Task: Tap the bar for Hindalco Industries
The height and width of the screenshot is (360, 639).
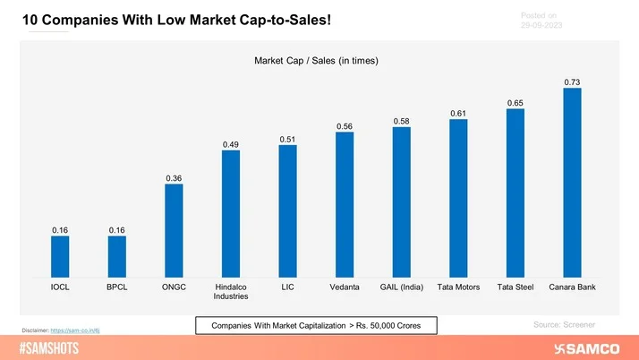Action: pyautogui.click(x=231, y=214)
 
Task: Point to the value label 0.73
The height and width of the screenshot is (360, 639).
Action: pyautogui.click(x=572, y=81)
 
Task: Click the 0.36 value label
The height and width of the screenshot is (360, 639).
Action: pyautogui.click(x=174, y=179)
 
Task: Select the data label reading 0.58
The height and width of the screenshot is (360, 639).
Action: pyautogui.click(x=401, y=121)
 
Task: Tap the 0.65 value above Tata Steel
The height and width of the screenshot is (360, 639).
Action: pyautogui.click(x=515, y=103)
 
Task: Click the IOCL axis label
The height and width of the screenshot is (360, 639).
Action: pyautogui.click(x=60, y=287)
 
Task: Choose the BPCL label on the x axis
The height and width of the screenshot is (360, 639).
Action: pyautogui.click(x=116, y=287)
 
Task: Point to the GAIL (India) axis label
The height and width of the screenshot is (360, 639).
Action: pyautogui.click(x=401, y=287)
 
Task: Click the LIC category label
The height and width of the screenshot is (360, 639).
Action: pyautogui.click(x=287, y=287)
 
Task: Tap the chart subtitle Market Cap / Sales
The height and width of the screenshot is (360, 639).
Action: pyautogui.click(x=316, y=61)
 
